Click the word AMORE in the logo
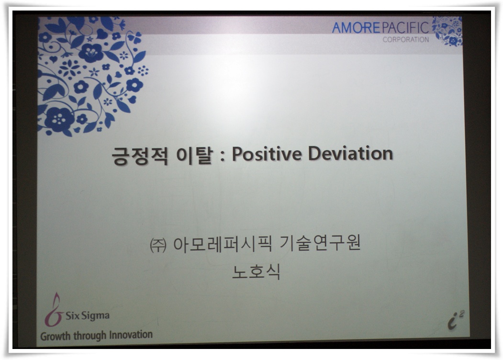pos(356,28)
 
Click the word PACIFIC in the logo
pos(405,28)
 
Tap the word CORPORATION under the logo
pos(406,39)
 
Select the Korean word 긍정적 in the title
pos(140,155)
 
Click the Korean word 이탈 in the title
pos(195,155)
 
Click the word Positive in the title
pos(267,153)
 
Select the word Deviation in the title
pos(351,153)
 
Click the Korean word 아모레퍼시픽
pos(223,244)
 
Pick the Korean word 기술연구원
pos(320,243)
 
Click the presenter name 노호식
pos(256,272)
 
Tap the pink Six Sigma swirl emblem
pos(54,309)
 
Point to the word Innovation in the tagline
pos(131,335)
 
